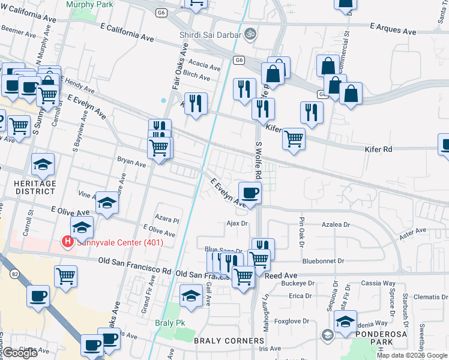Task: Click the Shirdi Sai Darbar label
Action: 209,34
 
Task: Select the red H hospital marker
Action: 68,242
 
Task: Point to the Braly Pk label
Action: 172,323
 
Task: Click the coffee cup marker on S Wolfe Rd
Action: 250,193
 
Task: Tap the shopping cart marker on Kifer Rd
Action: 294,139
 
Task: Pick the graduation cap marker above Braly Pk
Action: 191,296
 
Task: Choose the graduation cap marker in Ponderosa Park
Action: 345,322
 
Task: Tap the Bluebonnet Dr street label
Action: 323,261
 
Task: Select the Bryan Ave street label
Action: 131,162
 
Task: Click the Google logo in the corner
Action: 20,353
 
